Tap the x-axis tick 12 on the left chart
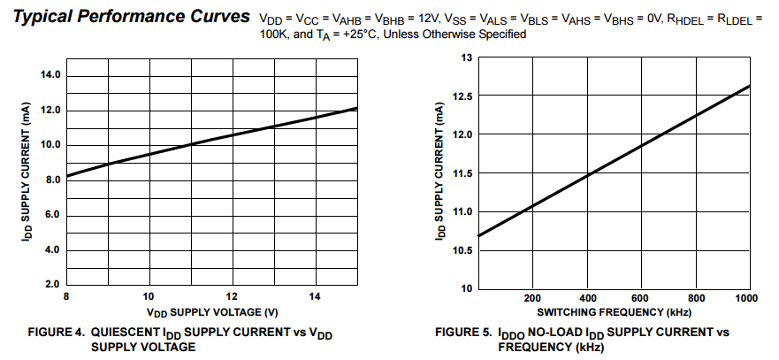(x=233, y=296)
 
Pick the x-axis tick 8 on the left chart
(x=66, y=296)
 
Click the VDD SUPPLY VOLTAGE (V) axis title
(x=213, y=311)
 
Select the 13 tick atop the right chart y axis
(x=467, y=57)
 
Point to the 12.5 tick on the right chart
(x=463, y=96)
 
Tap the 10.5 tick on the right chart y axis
(x=463, y=251)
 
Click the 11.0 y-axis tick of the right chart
(x=463, y=212)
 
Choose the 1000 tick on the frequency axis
(x=749, y=298)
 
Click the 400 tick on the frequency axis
(x=586, y=298)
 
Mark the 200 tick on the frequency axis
(x=532, y=298)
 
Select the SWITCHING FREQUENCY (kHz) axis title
(x=613, y=312)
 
